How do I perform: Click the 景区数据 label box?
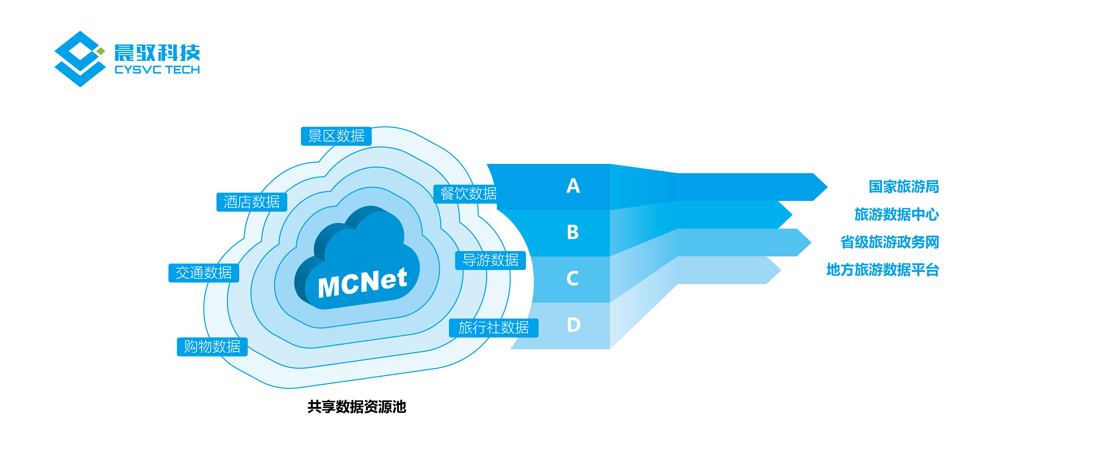click(336, 136)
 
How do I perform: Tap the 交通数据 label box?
click(203, 273)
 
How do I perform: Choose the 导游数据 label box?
click(490, 260)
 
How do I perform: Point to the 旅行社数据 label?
click(493, 328)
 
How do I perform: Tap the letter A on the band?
click(573, 186)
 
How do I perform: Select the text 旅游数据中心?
click(896, 214)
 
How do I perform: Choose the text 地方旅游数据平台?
click(883, 270)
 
